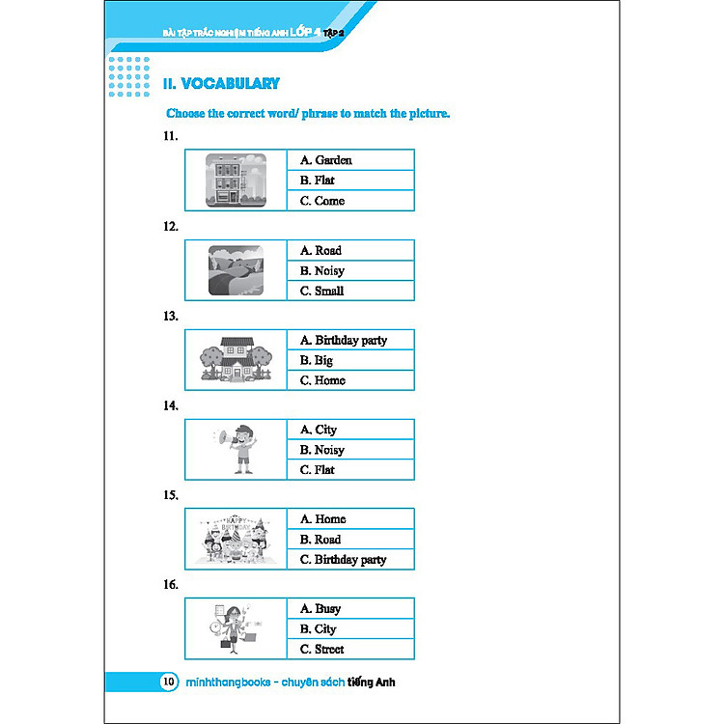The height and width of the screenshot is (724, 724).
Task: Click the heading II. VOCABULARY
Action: click(222, 84)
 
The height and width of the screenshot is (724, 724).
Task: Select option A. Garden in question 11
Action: click(325, 160)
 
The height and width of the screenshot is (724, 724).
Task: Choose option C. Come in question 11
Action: click(321, 201)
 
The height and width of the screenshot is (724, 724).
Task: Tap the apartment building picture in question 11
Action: click(237, 181)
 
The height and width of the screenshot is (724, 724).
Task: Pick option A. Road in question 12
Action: click(320, 250)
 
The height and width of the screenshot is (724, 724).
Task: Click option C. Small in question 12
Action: click(321, 291)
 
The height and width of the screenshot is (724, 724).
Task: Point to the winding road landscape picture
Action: click(237, 270)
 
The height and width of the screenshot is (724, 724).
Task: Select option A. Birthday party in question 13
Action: click(343, 340)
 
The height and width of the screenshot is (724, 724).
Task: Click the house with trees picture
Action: click(236, 360)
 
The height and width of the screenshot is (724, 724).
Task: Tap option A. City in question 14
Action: click(318, 430)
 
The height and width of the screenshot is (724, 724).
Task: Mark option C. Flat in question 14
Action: click(318, 470)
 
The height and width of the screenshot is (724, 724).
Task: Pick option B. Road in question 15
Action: click(320, 540)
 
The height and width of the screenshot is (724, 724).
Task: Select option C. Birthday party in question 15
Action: click(343, 560)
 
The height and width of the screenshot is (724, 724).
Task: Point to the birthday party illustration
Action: click(236, 540)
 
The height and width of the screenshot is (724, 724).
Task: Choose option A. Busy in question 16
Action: click(320, 609)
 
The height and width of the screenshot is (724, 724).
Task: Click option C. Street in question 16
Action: click(321, 650)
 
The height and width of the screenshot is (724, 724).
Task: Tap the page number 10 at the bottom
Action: click(169, 682)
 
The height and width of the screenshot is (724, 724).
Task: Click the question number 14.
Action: click(171, 406)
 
